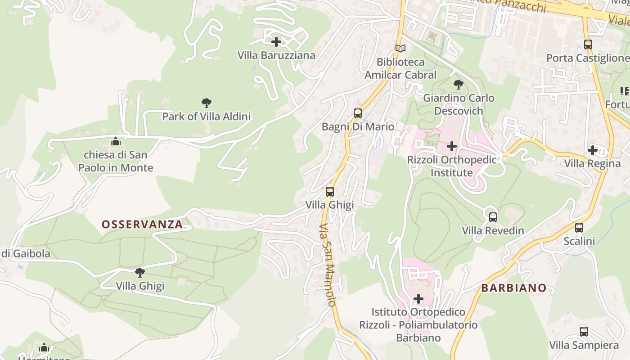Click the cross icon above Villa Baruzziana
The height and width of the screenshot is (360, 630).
(x=276, y=42)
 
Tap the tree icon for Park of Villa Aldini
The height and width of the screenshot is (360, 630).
(x=207, y=103)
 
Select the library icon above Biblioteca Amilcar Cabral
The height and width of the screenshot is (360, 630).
(x=400, y=48)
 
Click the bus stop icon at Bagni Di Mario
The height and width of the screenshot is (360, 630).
(x=358, y=113)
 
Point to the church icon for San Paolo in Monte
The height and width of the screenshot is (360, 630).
(x=116, y=142)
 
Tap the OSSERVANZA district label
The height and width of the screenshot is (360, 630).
(x=142, y=224)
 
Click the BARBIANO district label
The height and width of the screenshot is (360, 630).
(x=514, y=288)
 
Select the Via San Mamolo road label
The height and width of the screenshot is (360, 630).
(x=328, y=265)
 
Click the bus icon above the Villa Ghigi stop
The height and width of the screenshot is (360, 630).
(x=330, y=192)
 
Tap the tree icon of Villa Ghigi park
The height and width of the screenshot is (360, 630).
(x=140, y=272)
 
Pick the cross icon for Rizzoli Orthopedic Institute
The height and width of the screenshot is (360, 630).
(x=452, y=146)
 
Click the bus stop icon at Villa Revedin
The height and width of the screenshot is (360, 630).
(x=493, y=217)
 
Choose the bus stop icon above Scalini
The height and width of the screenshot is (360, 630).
(x=579, y=228)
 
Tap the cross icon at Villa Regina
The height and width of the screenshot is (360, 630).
(x=593, y=150)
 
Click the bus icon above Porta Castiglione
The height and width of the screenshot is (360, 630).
(x=588, y=45)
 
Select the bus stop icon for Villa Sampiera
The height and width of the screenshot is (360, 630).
(x=584, y=332)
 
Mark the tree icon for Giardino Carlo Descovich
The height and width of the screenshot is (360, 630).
(x=459, y=84)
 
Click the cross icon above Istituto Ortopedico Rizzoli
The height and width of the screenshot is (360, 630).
(x=418, y=298)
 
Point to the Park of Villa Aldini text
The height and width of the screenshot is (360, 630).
(x=207, y=117)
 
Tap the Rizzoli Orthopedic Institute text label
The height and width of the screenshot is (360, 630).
(x=452, y=166)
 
